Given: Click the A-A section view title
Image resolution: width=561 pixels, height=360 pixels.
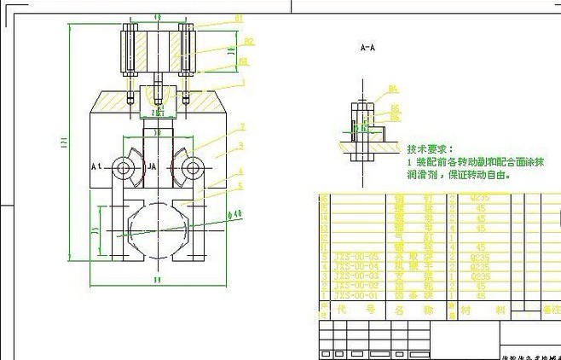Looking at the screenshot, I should coord(368,49).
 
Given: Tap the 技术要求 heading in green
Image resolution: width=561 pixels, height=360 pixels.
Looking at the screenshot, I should coord(431,148).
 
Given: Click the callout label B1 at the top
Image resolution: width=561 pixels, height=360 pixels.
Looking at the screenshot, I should coord(239,18).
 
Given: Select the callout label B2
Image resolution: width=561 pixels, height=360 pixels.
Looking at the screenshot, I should coord(248,40).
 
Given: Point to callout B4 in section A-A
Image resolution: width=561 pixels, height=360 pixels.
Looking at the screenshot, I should coord(393,88).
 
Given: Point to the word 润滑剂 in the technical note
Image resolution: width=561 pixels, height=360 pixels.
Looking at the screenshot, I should coord(420,176).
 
